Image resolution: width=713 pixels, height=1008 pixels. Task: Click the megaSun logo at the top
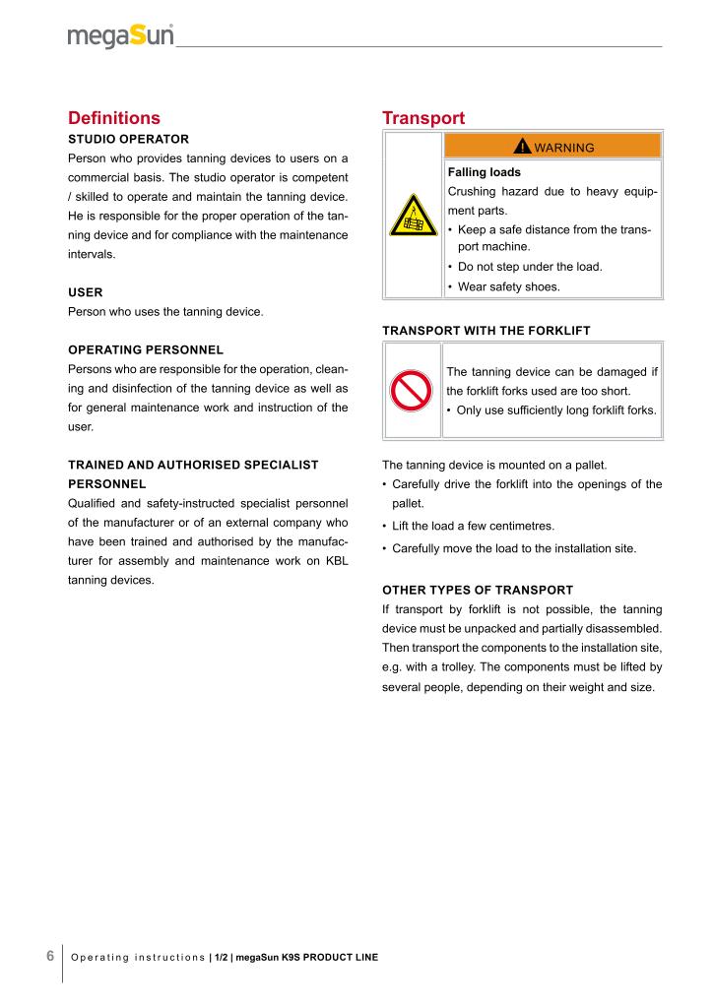(x=121, y=36)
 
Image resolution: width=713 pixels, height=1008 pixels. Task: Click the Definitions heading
(x=113, y=118)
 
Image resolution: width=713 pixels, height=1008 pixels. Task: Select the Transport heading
(x=423, y=118)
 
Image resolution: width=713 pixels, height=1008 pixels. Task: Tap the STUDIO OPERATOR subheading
(x=128, y=139)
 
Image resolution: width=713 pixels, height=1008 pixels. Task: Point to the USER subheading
(x=86, y=292)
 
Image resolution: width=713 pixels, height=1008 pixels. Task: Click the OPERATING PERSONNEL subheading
(x=146, y=349)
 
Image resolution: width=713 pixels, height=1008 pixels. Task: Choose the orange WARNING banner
(x=552, y=147)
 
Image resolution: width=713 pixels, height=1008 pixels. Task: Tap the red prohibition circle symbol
(x=414, y=392)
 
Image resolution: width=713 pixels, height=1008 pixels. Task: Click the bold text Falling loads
(x=484, y=171)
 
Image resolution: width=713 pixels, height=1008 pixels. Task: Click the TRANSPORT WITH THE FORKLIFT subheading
(x=486, y=331)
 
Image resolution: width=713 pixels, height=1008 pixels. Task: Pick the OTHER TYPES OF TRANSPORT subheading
(x=477, y=590)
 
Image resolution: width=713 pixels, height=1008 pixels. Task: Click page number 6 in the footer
(x=50, y=955)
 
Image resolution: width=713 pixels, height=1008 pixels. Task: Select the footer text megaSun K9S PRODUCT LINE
(x=306, y=958)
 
